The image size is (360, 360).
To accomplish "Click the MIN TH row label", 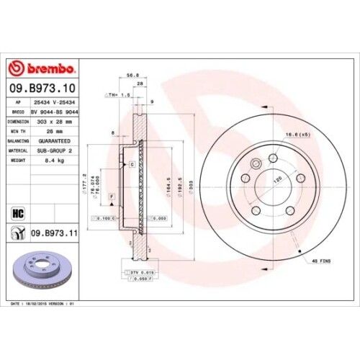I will (x=17, y=132).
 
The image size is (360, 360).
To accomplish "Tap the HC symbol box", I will (x=16, y=212).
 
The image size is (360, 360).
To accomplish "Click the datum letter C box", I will (x=132, y=164).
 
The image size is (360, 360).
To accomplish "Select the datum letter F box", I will (x=112, y=197).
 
